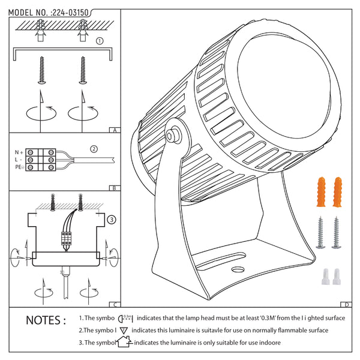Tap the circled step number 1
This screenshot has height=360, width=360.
tap(100, 41)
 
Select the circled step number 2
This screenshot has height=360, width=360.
tap(94, 149)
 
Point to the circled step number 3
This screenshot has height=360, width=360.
tap(112, 220)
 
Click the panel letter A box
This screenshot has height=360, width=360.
tap(114, 130)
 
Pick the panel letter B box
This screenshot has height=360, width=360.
tap(114, 188)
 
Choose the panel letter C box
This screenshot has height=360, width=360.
tap(114, 304)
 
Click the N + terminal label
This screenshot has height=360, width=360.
tap(19, 152)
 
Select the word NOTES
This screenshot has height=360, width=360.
tap(46, 320)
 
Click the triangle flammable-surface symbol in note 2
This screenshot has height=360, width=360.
tap(124, 331)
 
